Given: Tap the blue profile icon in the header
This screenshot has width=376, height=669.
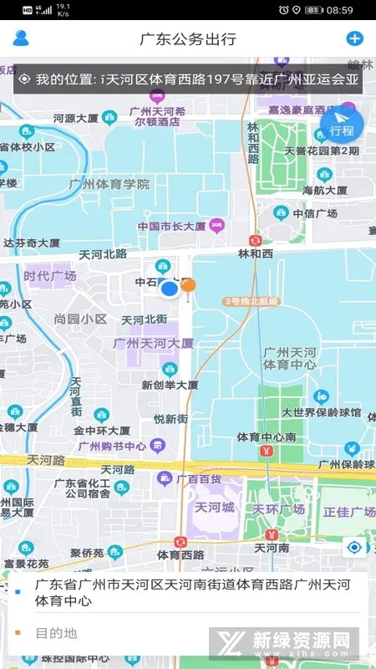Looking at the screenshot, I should point(21,38).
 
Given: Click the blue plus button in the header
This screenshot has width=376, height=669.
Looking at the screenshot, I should point(354,38).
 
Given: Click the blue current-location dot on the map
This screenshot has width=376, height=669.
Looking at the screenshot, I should point(170,289).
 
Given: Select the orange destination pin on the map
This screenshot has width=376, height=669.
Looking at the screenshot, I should point(189,286).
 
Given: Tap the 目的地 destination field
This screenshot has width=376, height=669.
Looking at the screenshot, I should point(56,633).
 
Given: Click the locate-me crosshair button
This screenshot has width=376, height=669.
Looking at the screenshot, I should point(355,548).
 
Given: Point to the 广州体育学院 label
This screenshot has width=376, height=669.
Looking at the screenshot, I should point(109,184).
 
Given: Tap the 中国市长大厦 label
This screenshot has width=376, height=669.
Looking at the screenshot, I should point(172,226).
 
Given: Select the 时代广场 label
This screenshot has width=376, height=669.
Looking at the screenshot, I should point(50,276).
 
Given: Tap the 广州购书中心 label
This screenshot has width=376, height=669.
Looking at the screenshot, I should point(112,446).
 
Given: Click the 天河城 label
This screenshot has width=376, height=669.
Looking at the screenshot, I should point(212,508).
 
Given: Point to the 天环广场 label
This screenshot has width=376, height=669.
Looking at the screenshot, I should point(278,509).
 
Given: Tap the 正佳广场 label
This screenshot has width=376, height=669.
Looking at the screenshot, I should point(349,512).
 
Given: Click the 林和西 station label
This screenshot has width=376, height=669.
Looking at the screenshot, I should point(256,253).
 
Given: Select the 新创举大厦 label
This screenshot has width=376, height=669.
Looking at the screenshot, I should point(170,385).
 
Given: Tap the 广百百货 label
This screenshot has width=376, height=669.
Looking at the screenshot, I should point(199,479).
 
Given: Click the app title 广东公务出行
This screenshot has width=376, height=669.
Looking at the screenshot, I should point(188,38).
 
